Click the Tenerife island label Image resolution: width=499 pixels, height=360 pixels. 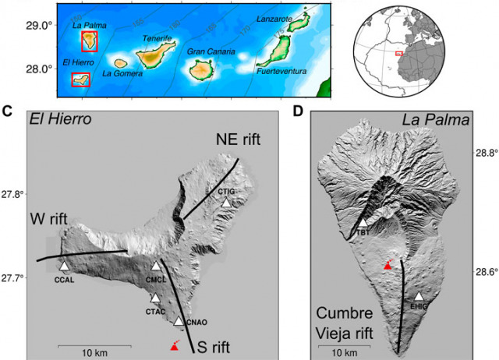click(156, 38)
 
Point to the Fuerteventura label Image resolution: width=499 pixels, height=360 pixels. click(281, 72)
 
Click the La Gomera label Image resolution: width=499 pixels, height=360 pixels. click(122, 74)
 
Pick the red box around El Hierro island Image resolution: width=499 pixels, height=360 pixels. click(80, 79)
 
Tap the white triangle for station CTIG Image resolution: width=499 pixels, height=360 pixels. click(226, 203)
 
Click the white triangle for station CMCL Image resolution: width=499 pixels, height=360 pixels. click(155, 266)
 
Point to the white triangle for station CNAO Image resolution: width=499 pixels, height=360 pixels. click(179, 320)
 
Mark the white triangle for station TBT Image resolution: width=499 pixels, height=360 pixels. click(362, 223)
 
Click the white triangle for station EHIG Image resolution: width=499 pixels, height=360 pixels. click(419, 297)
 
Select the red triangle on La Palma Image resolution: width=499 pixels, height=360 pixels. click(388, 266)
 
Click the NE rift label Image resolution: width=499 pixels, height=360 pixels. click(237, 139)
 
